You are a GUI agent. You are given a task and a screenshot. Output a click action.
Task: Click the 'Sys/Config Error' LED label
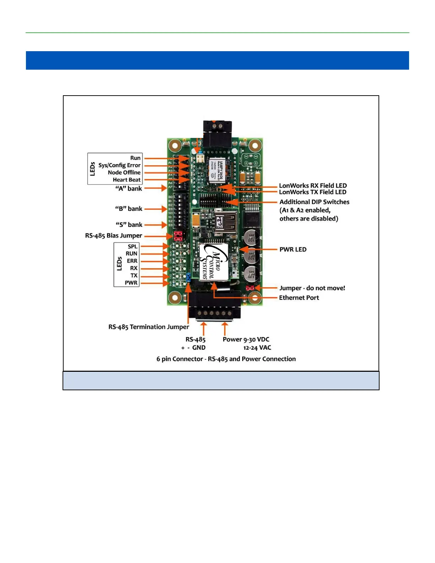coord(119,165)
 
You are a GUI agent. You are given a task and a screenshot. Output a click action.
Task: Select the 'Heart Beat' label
coord(127,180)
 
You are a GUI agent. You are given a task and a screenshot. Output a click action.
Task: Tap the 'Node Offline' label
coord(124,172)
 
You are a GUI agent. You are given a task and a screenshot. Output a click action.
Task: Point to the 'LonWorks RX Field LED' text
coord(313,186)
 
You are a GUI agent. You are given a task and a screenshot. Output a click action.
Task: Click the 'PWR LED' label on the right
coord(293,250)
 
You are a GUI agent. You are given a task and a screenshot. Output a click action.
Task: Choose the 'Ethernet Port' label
coord(299,298)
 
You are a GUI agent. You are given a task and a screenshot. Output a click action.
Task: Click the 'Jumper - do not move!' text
coord(312,288)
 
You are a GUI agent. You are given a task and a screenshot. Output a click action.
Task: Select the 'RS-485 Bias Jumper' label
coord(113,236)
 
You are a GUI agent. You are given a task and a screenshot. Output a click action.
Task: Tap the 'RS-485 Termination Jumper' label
coord(149,327)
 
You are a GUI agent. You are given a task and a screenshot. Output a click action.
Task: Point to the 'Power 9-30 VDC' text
coord(246,339)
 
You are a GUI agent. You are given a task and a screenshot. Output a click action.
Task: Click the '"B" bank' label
coord(129,209)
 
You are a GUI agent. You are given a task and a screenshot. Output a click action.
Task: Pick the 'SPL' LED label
coord(133,247)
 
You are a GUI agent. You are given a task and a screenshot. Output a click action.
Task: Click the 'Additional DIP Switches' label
coord(314,202)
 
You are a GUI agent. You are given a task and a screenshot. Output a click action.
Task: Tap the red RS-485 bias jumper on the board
coord(178,235)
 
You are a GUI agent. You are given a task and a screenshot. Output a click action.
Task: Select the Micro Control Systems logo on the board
coord(213,262)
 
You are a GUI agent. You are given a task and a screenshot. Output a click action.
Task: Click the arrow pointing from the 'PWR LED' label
coord(259,250)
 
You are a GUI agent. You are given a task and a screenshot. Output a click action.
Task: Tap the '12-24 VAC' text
coord(257,348)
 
